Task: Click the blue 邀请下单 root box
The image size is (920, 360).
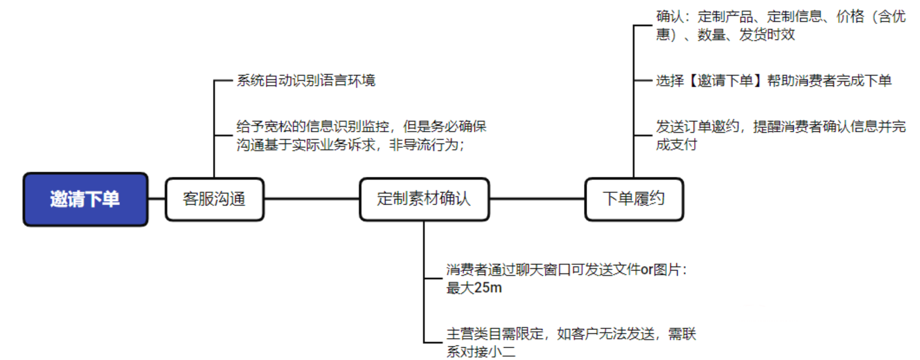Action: pyautogui.click(x=86, y=199)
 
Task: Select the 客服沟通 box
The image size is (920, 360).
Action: pyautogui.click(x=214, y=199)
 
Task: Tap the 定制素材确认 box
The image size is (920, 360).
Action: pyautogui.click(x=424, y=199)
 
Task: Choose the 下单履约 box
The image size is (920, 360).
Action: pyautogui.click(x=634, y=199)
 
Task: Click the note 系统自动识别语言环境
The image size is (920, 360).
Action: pyautogui.click(x=306, y=80)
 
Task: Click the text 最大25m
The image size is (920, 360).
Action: pyautogui.click(x=474, y=288)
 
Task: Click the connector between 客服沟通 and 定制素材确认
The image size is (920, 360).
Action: pyautogui.click(x=311, y=199)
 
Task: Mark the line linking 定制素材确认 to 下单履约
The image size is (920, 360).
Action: pyautogui.click(x=537, y=199)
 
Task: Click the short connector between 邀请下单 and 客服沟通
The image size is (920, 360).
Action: pyautogui.click(x=157, y=199)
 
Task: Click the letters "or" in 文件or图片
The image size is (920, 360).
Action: pyautogui.click(x=647, y=270)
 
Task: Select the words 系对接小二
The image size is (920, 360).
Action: pyautogui.click(x=481, y=351)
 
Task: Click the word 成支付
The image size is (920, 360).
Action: pyautogui.click(x=676, y=145)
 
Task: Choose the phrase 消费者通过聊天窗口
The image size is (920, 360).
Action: pyautogui.click(x=509, y=270)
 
